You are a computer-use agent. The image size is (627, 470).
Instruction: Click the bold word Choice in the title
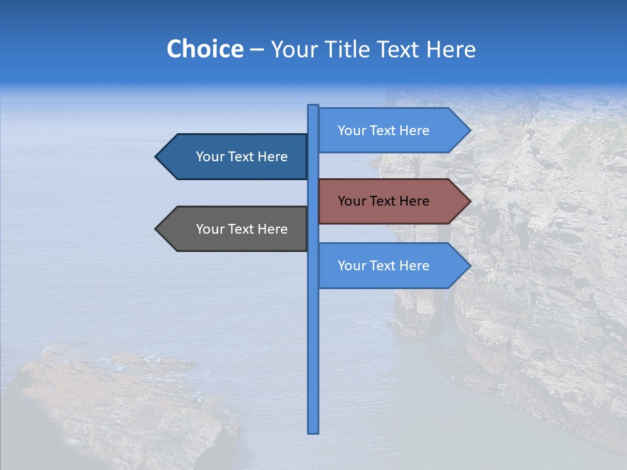point(204,49)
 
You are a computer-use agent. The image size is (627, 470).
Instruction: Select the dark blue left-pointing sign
point(235,157)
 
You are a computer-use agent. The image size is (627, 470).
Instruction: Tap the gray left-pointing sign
point(235,229)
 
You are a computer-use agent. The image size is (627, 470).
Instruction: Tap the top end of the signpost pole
point(313,106)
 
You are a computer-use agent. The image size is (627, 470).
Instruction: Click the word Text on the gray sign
point(242,229)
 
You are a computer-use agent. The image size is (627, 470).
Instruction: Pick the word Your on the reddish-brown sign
point(351,201)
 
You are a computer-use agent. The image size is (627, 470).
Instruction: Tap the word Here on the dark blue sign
point(272,157)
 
